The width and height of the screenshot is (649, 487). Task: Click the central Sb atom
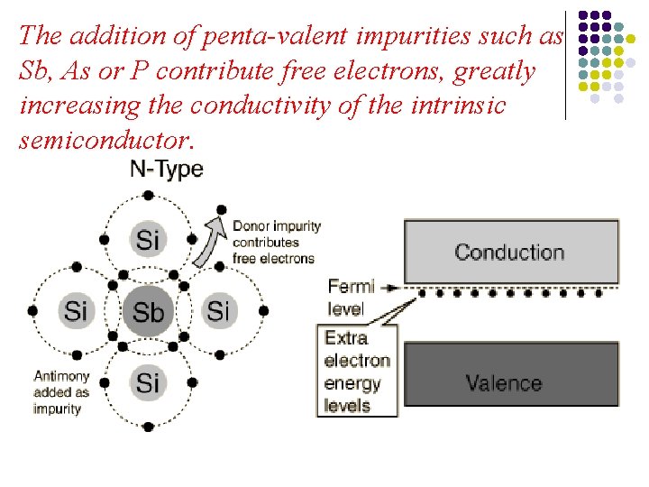tap(148, 312)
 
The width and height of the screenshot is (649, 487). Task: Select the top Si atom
tap(148, 240)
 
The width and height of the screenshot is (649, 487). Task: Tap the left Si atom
tap(76, 311)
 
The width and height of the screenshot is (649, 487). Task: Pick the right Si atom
tap(219, 311)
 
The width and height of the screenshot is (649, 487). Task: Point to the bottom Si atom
tap(148, 382)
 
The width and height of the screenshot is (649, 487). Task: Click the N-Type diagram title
tap(167, 169)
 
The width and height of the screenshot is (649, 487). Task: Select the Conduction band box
tap(510, 252)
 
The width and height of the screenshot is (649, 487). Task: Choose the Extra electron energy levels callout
tap(357, 372)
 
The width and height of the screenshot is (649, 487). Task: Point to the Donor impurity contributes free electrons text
tap(274, 242)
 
